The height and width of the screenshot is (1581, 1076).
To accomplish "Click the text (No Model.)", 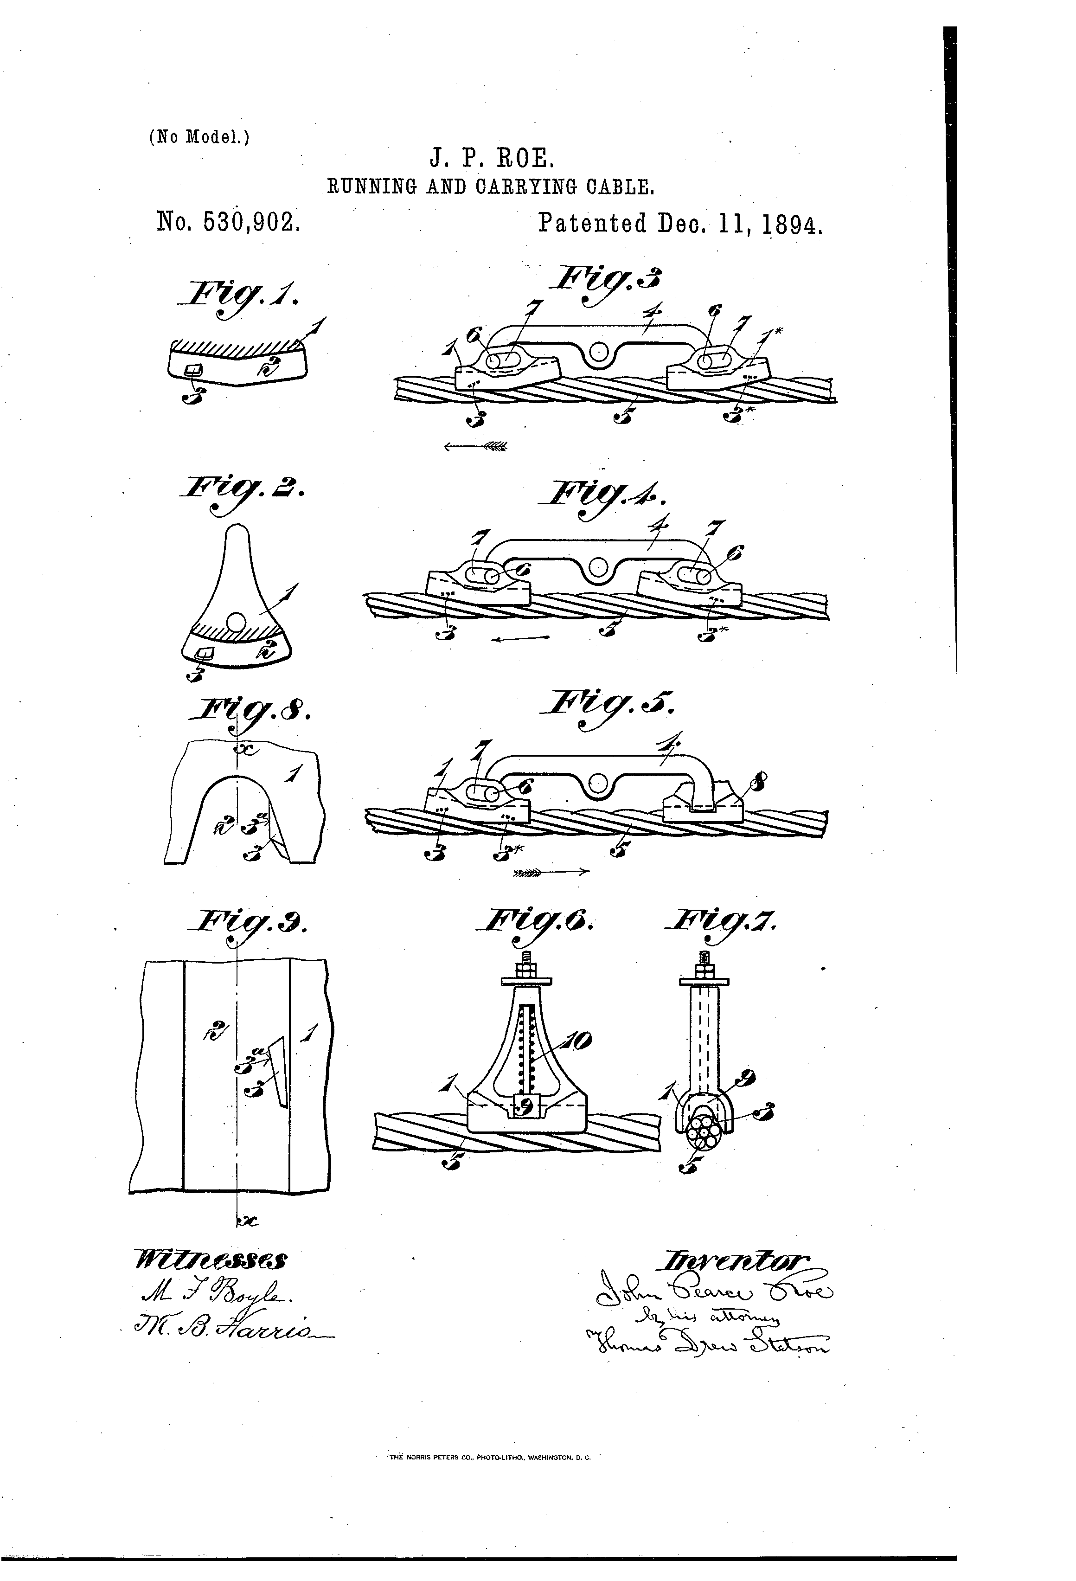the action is click(199, 137).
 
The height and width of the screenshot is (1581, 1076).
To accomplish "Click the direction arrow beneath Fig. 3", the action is click(475, 446).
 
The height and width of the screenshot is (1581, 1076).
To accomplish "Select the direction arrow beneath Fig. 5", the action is click(550, 872).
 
